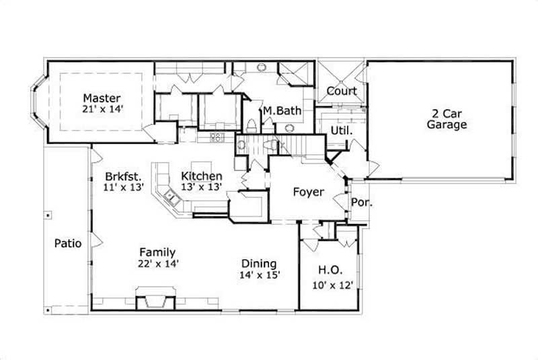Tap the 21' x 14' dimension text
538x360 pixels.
pyautogui.click(x=103, y=108)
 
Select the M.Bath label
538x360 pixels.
pyautogui.click(x=282, y=111)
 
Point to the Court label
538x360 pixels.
pyautogui.click(x=342, y=92)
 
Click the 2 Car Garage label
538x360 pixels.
pyautogui.click(x=447, y=118)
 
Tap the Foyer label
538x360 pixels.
pyautogui.click(x=309, y=192)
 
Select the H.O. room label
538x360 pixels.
pyautogui.click(x=330, y=270)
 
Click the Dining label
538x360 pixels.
pyautogui.click(x=259, y=264)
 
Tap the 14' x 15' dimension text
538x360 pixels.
pyautogui.click(x=259, y=275)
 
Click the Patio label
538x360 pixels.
pyautogui.click(x=68, y=244)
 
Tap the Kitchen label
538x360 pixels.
pyautogui.click(x=202, y=176)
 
